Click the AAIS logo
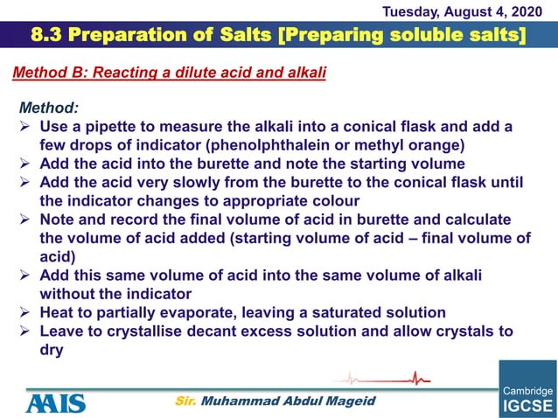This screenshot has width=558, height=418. click(x=55, y=402)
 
